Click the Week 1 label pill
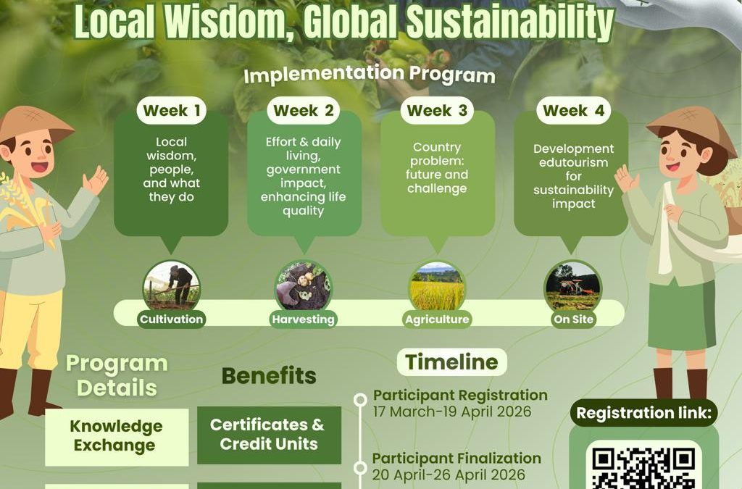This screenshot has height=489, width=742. [171, 111]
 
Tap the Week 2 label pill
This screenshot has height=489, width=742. [304, 111]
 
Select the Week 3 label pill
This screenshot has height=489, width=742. [437, 111]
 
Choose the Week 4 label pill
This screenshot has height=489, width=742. [574, 111]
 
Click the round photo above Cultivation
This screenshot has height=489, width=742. [171, 285]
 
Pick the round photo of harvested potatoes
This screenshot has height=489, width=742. [304, 285]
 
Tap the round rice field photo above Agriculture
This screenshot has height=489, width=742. [437, 285]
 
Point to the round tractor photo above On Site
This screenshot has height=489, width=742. [573, 285]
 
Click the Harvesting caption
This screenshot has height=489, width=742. [304, 319]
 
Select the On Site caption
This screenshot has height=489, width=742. [574, 319]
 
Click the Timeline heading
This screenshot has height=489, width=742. [452, 362]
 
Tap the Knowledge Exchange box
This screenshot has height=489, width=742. [117, 437]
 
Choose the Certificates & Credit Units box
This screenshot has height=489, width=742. [269, 435]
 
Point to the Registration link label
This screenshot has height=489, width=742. [643, 413]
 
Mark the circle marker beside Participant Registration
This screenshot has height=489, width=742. [360, 400]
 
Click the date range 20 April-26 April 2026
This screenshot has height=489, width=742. [449, 475]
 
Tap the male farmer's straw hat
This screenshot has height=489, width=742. [34, 124]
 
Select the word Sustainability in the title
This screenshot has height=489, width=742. [510, 22]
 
